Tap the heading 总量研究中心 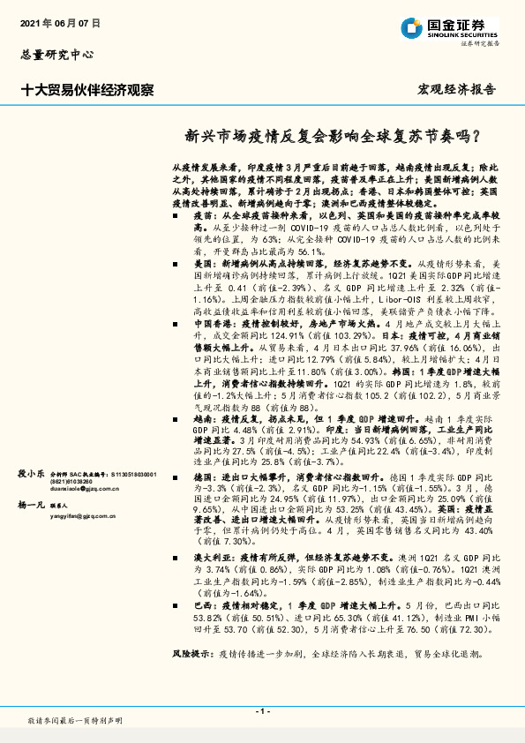pos(56,55)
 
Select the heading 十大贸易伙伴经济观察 pos(87,89)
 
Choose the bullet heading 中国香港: pos(215,325)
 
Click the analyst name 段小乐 pos(32,448)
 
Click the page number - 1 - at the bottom pos(262,710)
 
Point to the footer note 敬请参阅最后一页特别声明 pos(75,721)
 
